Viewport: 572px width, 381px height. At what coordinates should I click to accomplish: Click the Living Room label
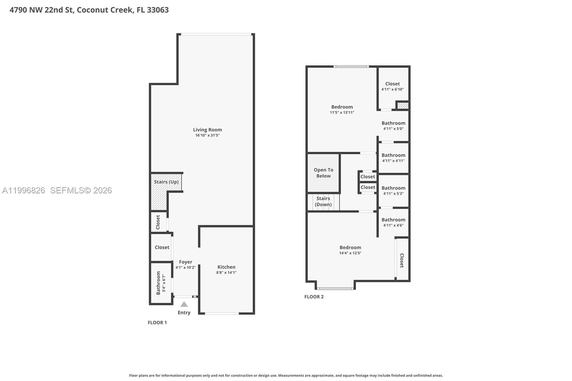[x=207, y=130]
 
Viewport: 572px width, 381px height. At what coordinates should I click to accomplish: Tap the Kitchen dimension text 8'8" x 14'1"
[x=226, y=273]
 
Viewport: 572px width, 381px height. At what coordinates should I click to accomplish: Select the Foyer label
[x=186, y=262]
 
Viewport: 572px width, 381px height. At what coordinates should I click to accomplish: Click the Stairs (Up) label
[x=166, y=182]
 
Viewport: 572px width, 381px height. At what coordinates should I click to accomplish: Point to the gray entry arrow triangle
[x=184, y=305]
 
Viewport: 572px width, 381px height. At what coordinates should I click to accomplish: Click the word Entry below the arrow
[x=184, y=313]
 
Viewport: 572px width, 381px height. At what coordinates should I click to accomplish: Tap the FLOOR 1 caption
[x=157, y=322]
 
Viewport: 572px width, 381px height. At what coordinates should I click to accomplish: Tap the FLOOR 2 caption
[x=314, y=297]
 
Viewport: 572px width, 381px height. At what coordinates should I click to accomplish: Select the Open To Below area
[x=324, y=173]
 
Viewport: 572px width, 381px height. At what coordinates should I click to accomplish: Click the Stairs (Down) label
[x=323, y=202]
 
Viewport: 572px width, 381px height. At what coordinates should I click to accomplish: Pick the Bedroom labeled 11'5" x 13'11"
[x=342, y=107]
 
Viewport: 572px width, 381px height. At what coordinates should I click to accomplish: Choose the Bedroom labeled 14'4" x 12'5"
[x=350, y=247]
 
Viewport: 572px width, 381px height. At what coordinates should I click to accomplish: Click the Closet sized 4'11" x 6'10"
[x=393, y=84]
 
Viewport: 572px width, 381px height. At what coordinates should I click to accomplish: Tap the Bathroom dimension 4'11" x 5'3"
[x=393, y=194]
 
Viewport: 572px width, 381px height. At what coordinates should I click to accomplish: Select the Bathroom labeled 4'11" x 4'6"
[x=393, y=220]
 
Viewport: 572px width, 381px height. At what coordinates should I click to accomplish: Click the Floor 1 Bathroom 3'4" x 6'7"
[x=159, y=283]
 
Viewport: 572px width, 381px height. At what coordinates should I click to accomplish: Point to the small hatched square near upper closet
[x=403, y=106]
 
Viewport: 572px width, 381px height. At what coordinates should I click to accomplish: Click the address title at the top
[x=89, y=10]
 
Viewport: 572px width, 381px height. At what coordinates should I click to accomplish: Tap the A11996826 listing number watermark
[x=24, y=190]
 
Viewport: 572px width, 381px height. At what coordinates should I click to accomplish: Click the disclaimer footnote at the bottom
[x=286, y=375]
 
